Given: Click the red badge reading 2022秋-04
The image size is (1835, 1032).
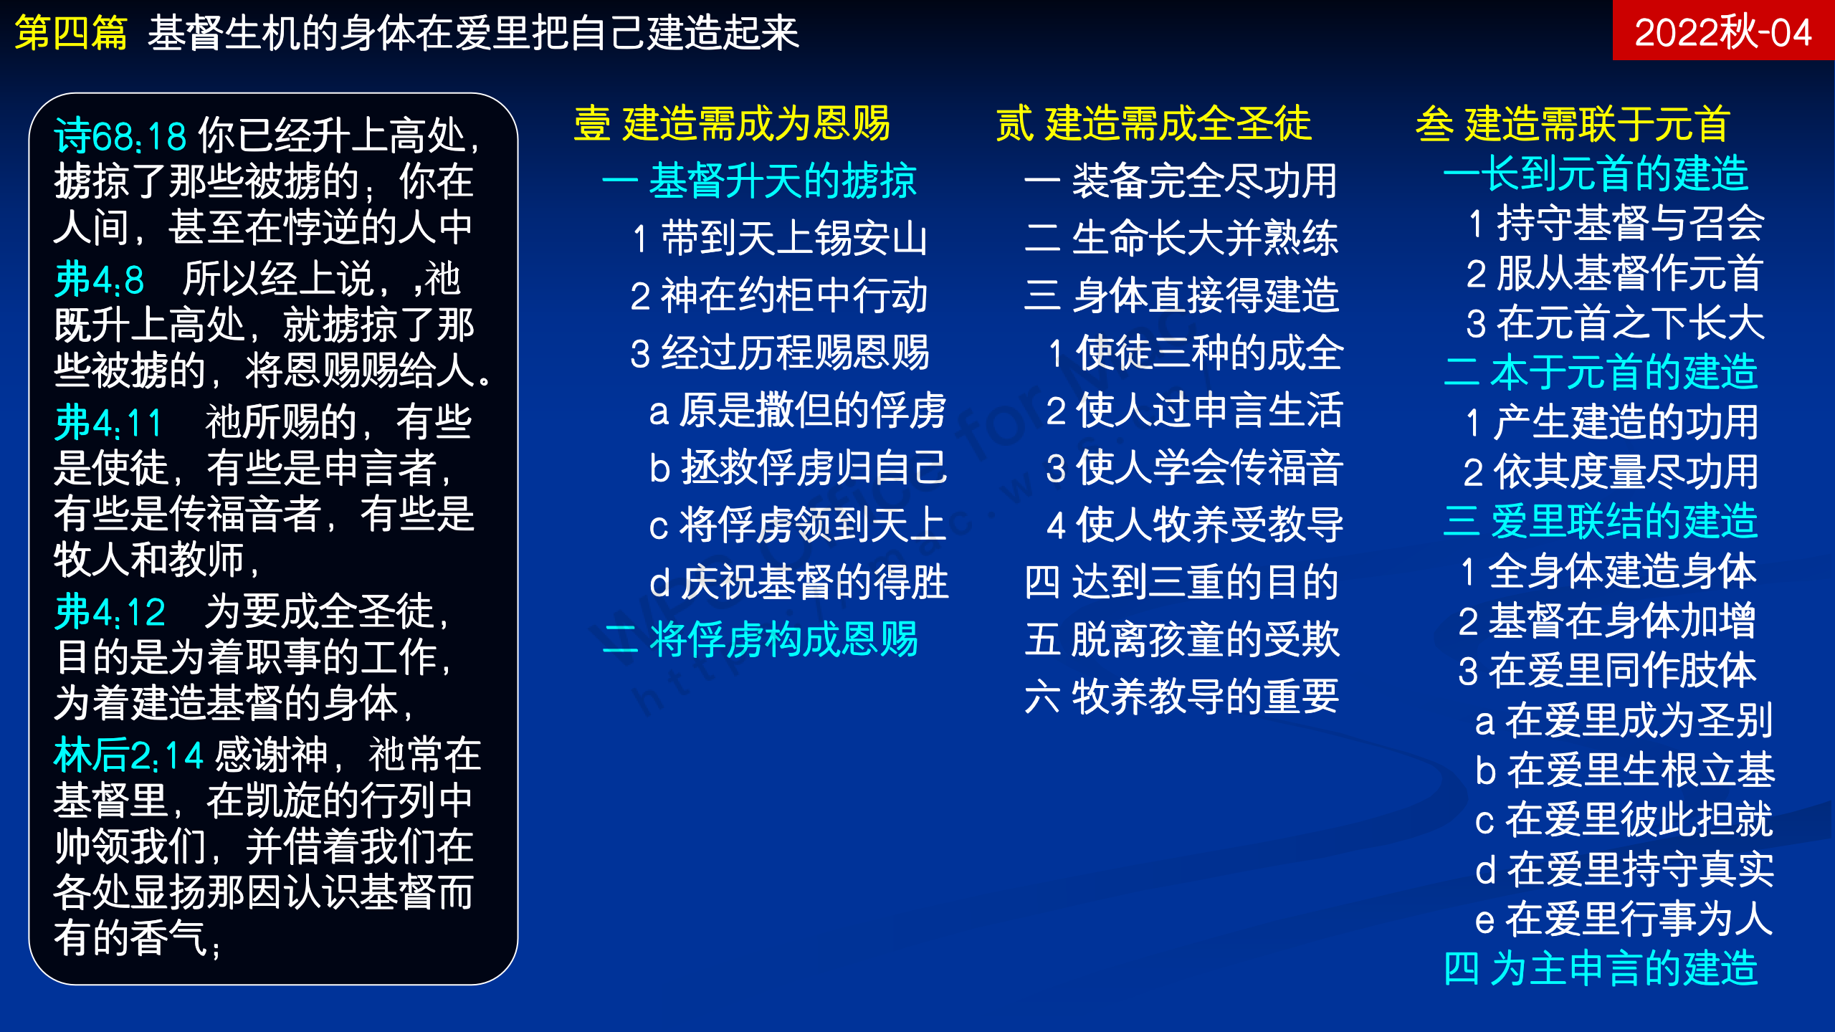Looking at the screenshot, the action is (x=1723, y=30).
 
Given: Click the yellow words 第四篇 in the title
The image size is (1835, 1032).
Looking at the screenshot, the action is (x=71, y=33).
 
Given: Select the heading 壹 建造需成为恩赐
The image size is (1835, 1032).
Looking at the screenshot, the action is (x=732, y=123).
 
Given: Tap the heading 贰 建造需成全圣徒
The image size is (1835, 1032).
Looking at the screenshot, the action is (x=1154, y=123).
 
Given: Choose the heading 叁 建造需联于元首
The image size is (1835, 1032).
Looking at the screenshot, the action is (x=1573, y=123).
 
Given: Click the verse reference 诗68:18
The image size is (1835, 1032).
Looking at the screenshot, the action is (x=120, y=135).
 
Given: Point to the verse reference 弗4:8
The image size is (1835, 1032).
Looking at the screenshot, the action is (x=99, y=279).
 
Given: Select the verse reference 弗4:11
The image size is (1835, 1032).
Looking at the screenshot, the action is (x=108, y=422).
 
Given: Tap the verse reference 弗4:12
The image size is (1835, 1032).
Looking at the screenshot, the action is (x=110, y=611).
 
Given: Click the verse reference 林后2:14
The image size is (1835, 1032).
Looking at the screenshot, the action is (x=129, y=755).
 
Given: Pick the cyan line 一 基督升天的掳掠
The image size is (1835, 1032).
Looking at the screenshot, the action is (x=760, y=180).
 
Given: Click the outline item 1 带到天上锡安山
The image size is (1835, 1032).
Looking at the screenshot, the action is (x=780, y=238).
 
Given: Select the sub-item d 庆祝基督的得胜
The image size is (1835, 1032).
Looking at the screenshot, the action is (x=799, y=582).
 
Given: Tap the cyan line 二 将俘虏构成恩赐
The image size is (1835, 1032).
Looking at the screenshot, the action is (x=761, y=639).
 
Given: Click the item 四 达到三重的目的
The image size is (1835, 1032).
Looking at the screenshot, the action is (x=1182, y=582).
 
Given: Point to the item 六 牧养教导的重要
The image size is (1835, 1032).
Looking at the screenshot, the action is (x=1182, y=697).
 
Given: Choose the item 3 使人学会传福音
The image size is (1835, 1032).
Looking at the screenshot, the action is (x=1194, y=467).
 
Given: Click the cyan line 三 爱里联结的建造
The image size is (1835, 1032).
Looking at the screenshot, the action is (x=1601, y=520).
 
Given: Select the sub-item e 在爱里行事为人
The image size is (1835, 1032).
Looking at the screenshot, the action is (x=1624, y=919).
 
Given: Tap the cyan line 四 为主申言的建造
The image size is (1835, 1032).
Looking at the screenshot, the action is (x=1601, y=968).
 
